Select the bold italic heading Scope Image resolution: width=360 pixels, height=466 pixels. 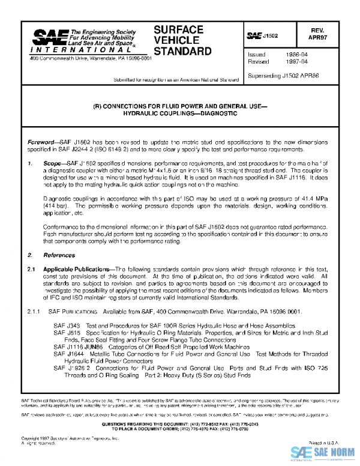click(x=52, y=163)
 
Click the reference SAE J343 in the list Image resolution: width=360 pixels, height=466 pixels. click(x=63, y=325)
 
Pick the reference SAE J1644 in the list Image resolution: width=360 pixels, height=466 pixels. click(x=65, y=354)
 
